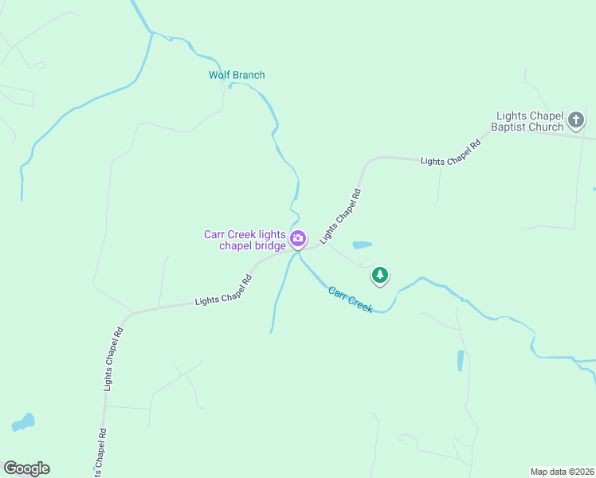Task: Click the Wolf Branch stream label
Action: click(237, 75)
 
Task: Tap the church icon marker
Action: click(576, 121)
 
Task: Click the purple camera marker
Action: click(298, 238)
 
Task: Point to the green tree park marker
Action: click(380, 276)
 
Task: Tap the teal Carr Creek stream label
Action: click(351, 299)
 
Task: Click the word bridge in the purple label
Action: click(269, 245)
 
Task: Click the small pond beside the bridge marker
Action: click(362, 245)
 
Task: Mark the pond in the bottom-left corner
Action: click(23, 421)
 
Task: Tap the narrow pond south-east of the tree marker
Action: click(461, 360)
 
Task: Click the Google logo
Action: click(26, 468)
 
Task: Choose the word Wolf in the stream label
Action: click(219, 75)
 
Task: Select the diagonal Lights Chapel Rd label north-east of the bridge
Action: click(340, 216)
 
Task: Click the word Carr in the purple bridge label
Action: click(216, 234)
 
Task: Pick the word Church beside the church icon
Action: click(546, 127)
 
